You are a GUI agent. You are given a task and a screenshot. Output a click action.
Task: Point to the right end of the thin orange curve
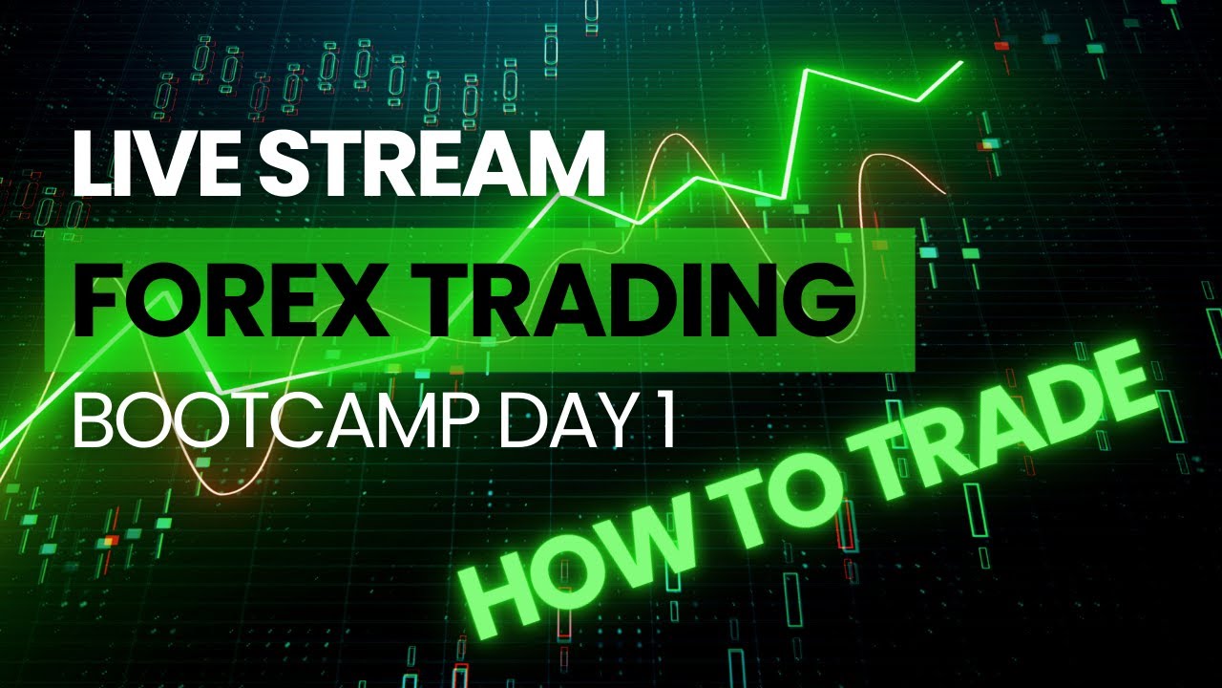click(x=946, y=193)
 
